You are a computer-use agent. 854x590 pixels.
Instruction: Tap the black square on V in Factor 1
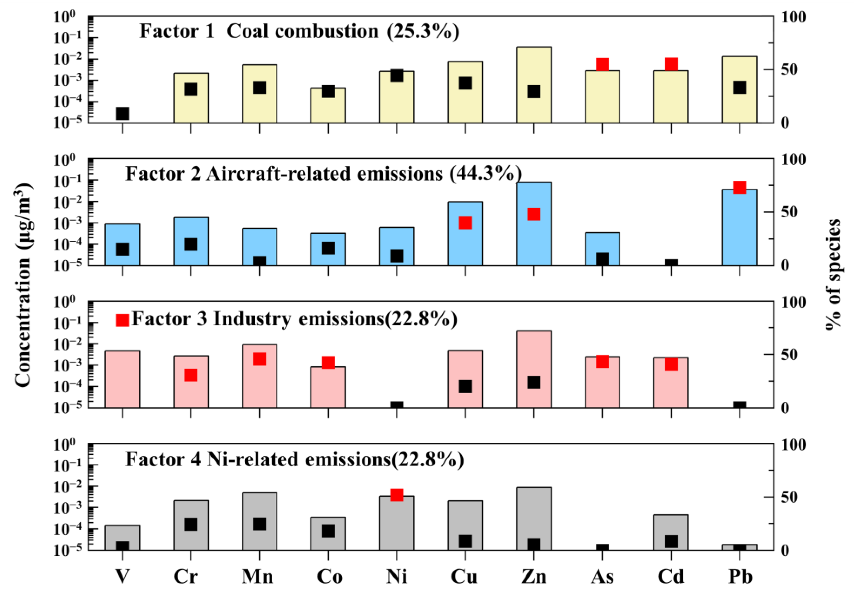(122, 114)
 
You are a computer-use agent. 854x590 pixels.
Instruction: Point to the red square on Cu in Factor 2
(465, 223)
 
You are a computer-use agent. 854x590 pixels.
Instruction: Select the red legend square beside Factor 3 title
(122, 320)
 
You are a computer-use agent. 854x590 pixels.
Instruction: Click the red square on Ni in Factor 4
(396, 495)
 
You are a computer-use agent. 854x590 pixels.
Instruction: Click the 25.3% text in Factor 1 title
(423, 31)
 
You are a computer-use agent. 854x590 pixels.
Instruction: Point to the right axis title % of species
(833, 274)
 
